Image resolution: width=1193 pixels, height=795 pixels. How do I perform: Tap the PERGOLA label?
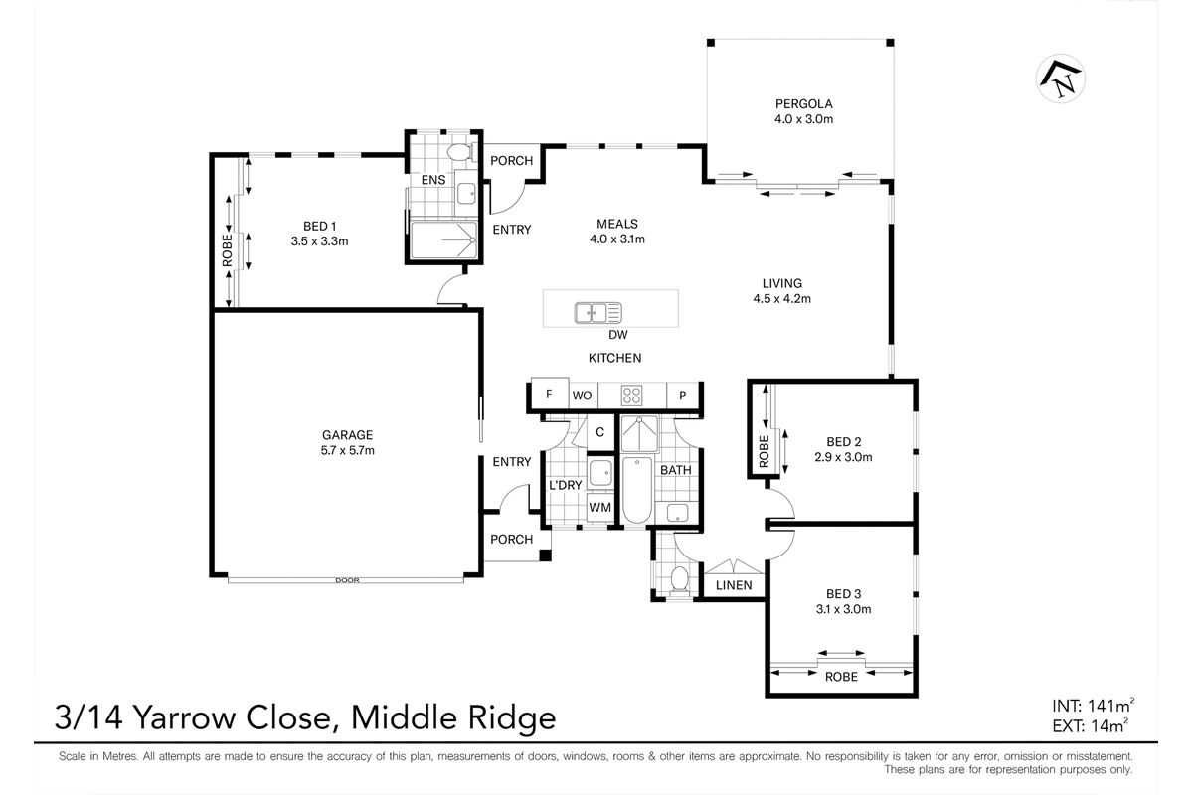point(803,103)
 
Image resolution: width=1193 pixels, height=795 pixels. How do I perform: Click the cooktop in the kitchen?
point(631,395)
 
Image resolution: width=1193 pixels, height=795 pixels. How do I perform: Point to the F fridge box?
point(549,394)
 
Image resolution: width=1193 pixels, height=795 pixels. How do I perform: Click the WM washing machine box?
point(599,508)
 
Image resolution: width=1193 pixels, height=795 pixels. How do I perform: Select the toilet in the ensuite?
point(459,153)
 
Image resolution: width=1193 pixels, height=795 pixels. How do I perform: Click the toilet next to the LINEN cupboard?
point(680,578)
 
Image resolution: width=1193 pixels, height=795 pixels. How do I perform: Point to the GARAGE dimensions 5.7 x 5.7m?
point(347,450)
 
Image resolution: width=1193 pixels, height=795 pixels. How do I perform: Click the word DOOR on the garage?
point(346,580)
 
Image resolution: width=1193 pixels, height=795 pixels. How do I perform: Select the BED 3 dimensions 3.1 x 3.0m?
point(843,610)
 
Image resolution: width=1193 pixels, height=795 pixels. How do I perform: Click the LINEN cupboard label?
point(734,586)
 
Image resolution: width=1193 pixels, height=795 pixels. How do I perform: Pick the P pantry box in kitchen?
point(682,395)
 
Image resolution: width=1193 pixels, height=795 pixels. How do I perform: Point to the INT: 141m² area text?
point(1089,709)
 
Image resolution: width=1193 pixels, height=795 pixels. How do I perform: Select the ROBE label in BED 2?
point(764,452)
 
